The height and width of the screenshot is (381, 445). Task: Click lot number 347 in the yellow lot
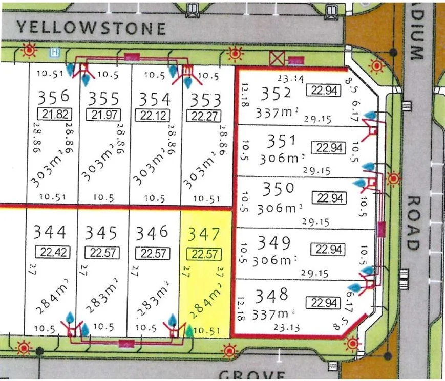click(204, 235)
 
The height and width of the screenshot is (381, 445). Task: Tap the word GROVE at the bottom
click(251, 375)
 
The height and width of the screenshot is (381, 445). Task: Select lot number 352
click(276, 94)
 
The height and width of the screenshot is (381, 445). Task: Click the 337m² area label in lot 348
click(277, 311)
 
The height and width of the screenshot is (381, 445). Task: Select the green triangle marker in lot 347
click(189, 330)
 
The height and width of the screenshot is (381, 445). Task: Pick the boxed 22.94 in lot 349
click(328, 250)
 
